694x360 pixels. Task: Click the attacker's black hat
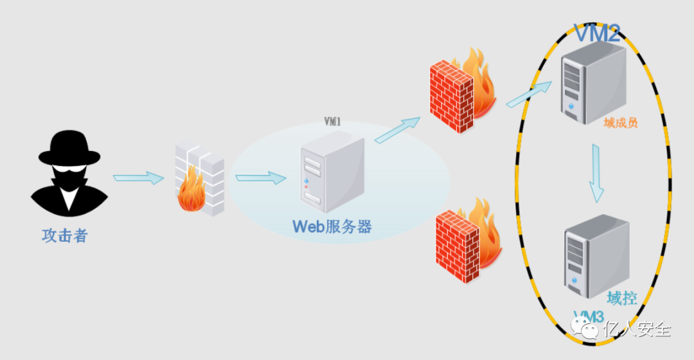(69, 149)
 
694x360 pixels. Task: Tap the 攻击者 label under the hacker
(64, 236)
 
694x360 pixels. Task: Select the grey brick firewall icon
(200, 180)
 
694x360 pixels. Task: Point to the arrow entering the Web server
(260, 177)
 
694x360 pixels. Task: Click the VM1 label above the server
(332, 121)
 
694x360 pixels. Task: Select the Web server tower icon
(332, 172)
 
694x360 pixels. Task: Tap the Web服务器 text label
(332, 226)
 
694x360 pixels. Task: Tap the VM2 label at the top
(596, 33)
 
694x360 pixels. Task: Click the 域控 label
(622, 298)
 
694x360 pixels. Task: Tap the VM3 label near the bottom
(589, 316)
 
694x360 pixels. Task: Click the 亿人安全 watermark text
(637, 330)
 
